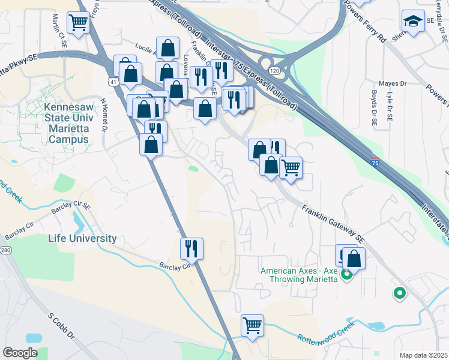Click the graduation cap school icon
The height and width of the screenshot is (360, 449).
coord(413,22)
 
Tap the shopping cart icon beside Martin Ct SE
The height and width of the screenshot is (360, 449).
coord(79,23)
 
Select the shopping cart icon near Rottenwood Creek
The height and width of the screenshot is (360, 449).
coord(253,326)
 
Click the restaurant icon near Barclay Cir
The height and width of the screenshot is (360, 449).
coord(192,247)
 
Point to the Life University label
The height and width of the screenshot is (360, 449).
coord(82,238)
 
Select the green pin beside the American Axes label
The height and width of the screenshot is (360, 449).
coord(346,275)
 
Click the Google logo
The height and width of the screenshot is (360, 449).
coord(20,353)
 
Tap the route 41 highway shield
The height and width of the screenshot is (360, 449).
coord(113,80)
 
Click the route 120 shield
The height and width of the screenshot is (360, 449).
coord(274,70)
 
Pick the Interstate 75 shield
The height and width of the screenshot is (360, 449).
coord(375,162)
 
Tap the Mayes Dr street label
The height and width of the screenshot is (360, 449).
coord(393,83)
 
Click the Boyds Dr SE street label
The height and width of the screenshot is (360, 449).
coord(373,108)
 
